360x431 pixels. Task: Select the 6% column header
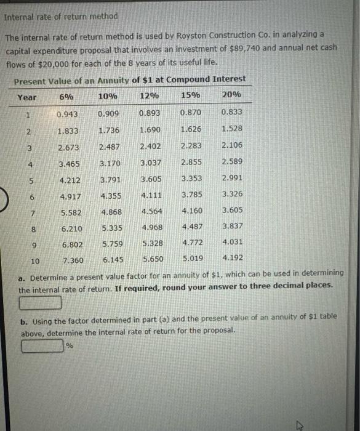[66, 96]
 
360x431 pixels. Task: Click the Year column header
[26, 97]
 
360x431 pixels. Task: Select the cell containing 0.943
[67, 115]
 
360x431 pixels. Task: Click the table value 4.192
[233, 257]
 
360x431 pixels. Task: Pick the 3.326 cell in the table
[232, 194]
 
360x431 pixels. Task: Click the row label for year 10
[35, 260]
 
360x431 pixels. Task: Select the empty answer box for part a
[40, 302]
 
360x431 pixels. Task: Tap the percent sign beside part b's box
[69, 346]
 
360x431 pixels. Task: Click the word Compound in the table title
[193, 79]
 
